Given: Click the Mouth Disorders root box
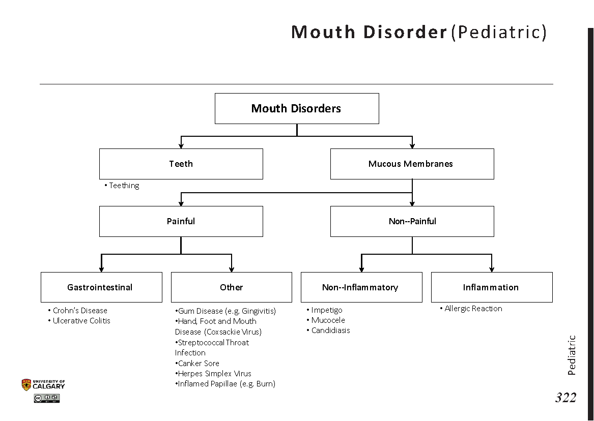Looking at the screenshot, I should pos(296,108).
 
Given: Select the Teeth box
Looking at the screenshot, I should pos(181,164).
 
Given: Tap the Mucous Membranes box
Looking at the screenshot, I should pos(411,164).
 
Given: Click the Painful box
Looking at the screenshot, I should pos(181,221).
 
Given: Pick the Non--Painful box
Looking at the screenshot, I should pos(412,221).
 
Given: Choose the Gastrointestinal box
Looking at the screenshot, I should pos(101,287).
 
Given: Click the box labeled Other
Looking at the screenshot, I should pos(231,287).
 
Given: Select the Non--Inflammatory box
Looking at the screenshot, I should pos(361,287).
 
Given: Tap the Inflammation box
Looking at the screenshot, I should pos(491,287).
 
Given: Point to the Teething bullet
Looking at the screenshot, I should pos(124,186).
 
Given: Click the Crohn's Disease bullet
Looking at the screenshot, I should pos(80,311).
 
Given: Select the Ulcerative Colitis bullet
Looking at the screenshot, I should pos(81,321).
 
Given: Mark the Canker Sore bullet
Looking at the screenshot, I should pos(198,364).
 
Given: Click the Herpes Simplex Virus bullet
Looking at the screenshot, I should pos(214,374).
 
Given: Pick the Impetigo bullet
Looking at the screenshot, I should pos(326,310).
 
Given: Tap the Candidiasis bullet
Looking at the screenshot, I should pos(330,330).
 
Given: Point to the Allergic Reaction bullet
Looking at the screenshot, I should pos(473,309).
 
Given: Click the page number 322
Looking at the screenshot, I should pos(565,398).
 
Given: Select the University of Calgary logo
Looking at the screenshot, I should pos(43,385).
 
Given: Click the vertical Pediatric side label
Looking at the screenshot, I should pos(572,355).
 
